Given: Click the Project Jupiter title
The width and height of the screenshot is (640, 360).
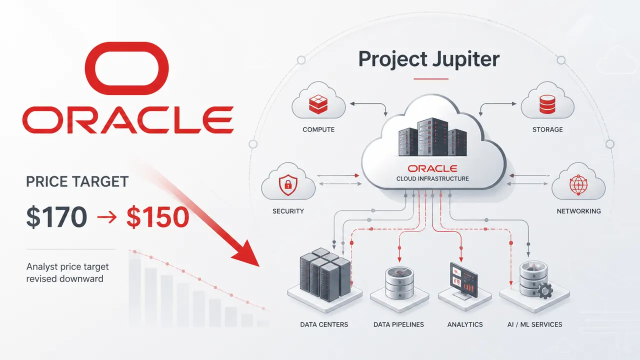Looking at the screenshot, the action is (x=429, y=59).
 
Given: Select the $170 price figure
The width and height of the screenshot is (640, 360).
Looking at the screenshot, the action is (x=56, y=217).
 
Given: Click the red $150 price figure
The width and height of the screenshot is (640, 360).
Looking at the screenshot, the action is (x=157, y=217).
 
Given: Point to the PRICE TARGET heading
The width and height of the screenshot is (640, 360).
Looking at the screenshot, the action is (x=77, y=181).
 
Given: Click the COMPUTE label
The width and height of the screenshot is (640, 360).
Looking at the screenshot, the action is (x=318, y=129).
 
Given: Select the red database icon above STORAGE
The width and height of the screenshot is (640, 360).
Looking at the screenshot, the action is (x=547, y=104).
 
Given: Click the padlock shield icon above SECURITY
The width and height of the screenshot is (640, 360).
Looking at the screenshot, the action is (x=288, y=185).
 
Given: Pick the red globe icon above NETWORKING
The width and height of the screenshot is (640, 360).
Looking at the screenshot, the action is (x=578, y=184).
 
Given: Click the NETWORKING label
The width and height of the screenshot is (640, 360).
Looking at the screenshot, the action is (x=579, y=211).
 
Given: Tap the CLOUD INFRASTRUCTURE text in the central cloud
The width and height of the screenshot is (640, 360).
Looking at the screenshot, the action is (x=432, y=179).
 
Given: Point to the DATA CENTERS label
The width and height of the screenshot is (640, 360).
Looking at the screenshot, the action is (x=324, y=324).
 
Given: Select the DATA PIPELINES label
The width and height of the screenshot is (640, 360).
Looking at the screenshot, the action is (x=398, y=324).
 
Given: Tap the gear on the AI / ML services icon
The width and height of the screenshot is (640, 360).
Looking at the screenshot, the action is (x=545, y=290).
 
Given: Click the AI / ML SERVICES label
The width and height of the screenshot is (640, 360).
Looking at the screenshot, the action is (x=535, y=324).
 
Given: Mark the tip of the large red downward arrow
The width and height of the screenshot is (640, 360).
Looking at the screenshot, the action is (x=259, y=266).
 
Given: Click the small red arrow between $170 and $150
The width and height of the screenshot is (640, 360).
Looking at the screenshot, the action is (x=107, y=217).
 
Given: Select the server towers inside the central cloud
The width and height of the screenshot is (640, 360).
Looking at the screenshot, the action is (x=432, y=137).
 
